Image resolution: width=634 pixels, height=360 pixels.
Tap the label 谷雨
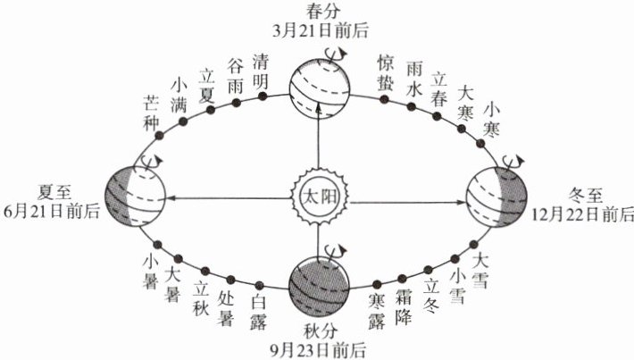237,77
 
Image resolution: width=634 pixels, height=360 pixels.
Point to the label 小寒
492,120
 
